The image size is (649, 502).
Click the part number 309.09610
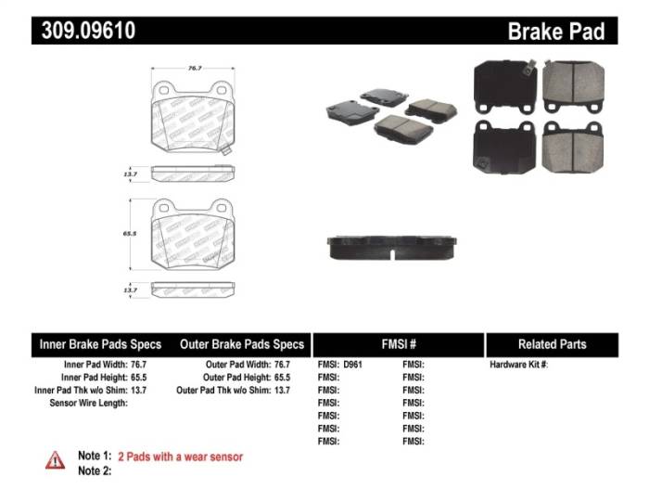click(x=88, y=31)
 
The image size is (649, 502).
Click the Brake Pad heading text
click(x=555, y=32)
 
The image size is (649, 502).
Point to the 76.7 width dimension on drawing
click(x=195, y=68)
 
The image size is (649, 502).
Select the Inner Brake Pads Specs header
click(x=103, y=344)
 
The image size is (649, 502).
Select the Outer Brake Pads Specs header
click(x=242, y=344)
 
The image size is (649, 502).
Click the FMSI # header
click(x=399, y=344)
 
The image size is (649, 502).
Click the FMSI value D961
click(x=352, y=365)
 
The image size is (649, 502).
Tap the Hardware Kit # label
click(x=519, y=365)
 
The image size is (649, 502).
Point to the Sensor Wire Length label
click(x=88, y=404)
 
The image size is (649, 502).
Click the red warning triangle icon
click(x=56, y=460)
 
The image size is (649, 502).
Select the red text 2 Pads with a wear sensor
click(x=180, y=457)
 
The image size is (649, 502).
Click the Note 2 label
click(x=95, y=470)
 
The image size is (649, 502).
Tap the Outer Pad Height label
click(x=237, y=378)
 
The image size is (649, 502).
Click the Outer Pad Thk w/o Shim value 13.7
click(x=282, y=391)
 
